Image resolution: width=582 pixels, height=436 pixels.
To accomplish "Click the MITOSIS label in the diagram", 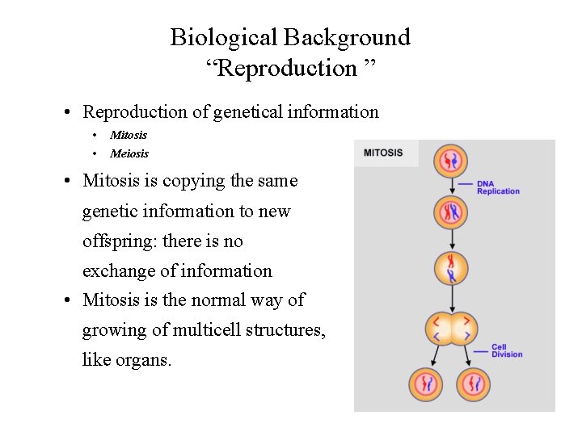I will pyautogui.click(x=383, y=153).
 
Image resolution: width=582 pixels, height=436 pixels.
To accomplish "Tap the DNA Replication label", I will pyautogui.click(x=498, y=187).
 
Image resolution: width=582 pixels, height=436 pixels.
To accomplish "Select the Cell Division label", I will pyautogui.click(x=507, y=351).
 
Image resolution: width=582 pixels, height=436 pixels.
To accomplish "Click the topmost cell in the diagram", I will pyautogui.click(x=451, y=161).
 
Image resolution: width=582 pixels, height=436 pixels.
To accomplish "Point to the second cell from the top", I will pyautogui.click(x=451, y=213).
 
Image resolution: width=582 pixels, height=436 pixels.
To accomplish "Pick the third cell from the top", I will pyautogui.click(x=451, y=269).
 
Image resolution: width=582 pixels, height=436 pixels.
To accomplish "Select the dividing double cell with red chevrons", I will pyautogui.click(x=450, y=329).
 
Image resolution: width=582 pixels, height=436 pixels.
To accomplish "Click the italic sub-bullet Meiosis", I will pyautogui.click(x=129, y=153).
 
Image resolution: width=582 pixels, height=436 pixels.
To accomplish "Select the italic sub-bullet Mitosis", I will pyautogui.click(x=129, y=135).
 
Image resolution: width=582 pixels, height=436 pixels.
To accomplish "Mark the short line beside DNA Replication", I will pyautogui.click(x=466, y=184).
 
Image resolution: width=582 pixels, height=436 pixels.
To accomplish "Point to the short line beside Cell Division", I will pyautogui.click(x=480, y=350).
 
